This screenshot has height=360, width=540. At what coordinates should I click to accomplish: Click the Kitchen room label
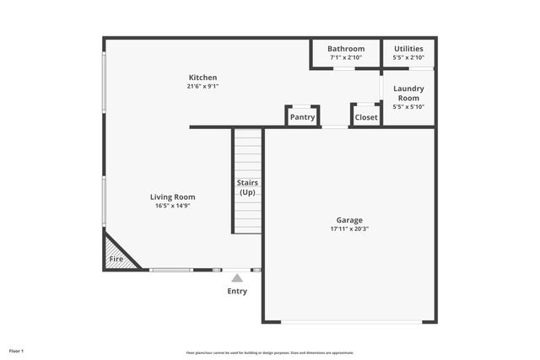coord(202,78)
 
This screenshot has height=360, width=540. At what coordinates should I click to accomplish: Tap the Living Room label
coord(172,197)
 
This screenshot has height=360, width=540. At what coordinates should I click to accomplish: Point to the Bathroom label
coord(346,49)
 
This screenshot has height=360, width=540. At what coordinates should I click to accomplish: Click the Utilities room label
coord(408,49)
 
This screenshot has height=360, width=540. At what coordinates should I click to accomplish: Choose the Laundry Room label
coord(408,93)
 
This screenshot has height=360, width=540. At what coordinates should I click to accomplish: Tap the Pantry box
coord(302,117)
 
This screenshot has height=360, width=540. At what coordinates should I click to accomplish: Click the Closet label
coord(366,117)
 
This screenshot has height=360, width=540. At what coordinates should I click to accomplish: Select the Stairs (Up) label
coord(247,187)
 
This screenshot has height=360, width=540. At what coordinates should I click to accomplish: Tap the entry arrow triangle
coord(237,277)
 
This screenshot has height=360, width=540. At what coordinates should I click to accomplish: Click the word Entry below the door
coord(237,292)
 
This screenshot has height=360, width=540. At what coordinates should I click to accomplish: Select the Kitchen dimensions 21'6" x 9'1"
coord(202,86)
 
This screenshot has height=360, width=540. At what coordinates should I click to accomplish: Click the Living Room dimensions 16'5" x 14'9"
coord(172,206)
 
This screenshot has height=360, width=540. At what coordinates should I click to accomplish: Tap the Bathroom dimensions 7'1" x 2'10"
coord(346,57)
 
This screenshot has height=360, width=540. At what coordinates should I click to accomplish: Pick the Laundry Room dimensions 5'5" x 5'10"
coord(408,107)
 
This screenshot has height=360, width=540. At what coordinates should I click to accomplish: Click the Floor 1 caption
coord(17,351)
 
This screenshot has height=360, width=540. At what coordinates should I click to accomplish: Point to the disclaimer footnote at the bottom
coord(270,352)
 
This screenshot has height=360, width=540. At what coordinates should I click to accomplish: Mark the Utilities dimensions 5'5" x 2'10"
coord(408,57)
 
